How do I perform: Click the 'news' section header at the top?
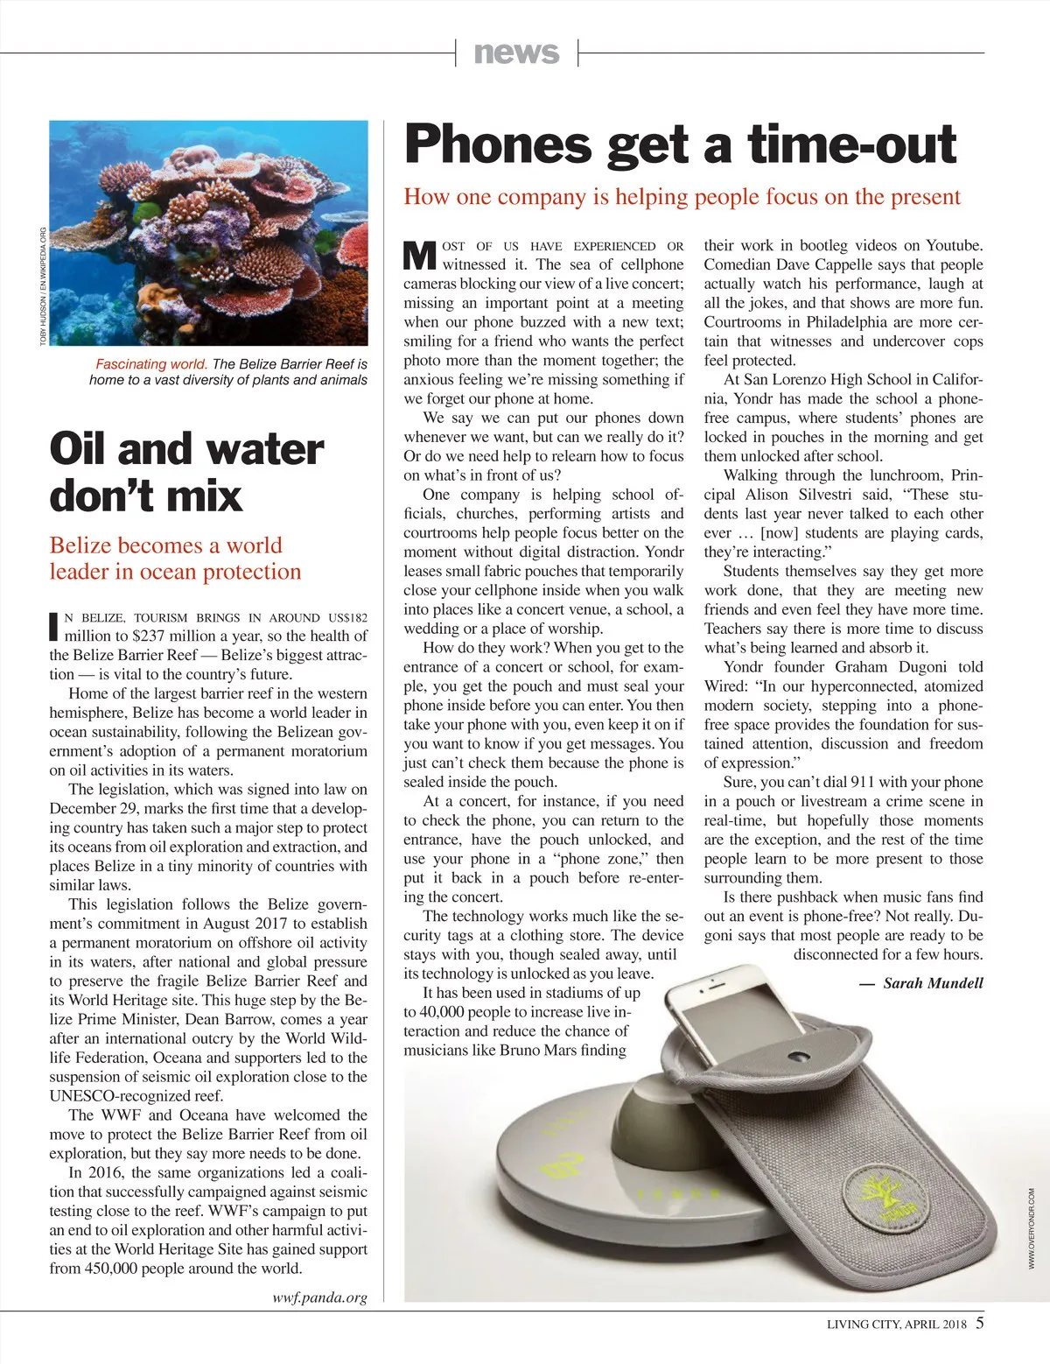(516, 53)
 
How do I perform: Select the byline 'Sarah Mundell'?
(933, 983)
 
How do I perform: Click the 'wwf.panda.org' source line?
(320, 1297)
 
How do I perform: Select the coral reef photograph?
(208, 235)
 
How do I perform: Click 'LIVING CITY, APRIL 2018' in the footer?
(896, 1324)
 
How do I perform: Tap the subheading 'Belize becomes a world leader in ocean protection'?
(175, 559)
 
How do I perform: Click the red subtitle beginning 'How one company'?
(682, 197)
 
